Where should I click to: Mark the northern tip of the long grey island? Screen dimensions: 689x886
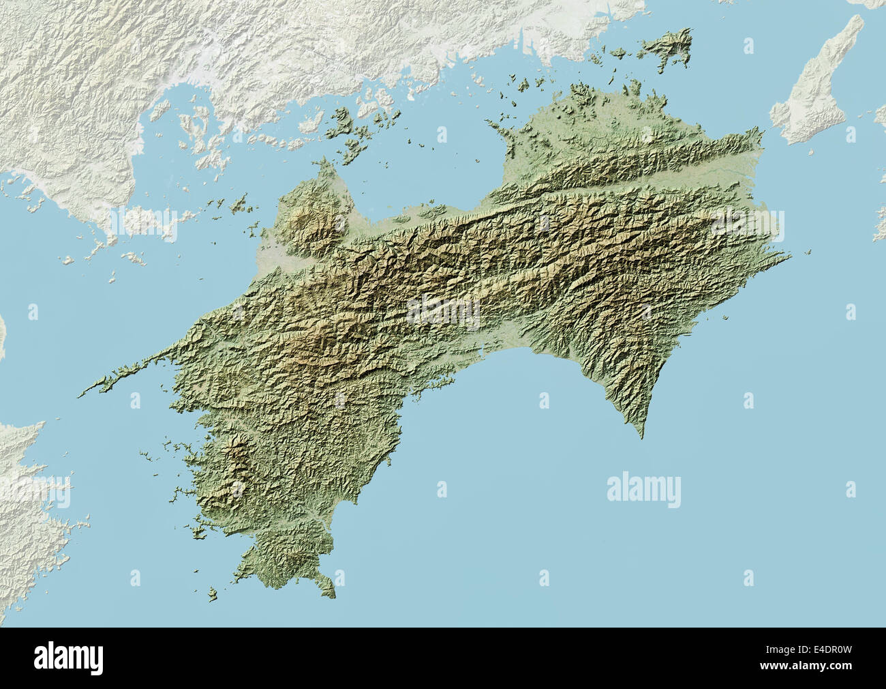(855, 16)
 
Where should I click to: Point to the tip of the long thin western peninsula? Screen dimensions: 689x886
(80, 394)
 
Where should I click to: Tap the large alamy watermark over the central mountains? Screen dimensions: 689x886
(443, 311)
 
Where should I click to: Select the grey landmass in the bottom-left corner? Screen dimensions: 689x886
(27, 505)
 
